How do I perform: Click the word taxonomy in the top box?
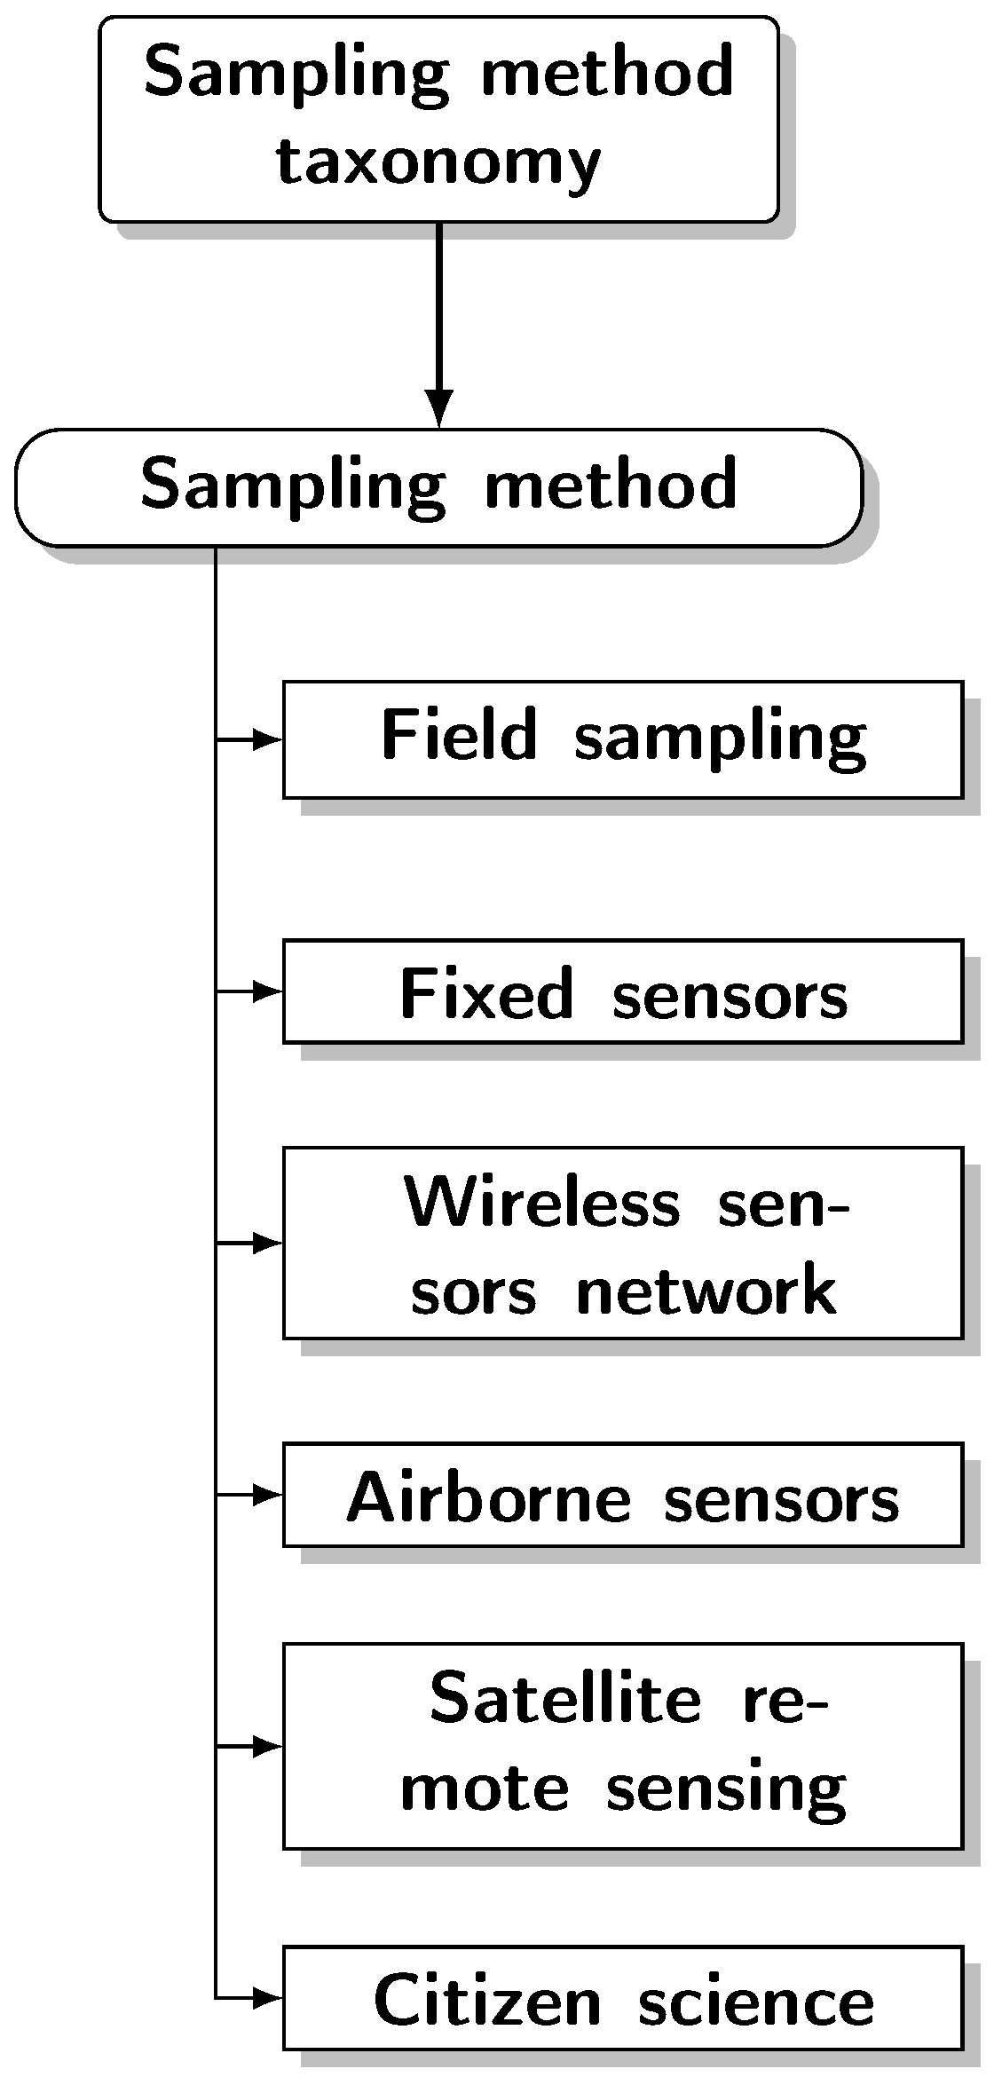[438, 164]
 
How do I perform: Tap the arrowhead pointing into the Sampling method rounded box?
[438, 408]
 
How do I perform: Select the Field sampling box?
[623, 739]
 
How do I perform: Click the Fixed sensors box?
[623, 991]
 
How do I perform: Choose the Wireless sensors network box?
[623, 1243]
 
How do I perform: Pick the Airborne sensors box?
[623, 1496]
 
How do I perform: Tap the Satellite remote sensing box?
[623, 1746]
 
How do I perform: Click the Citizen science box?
[623, 1998]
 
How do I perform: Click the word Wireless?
[542, 1203]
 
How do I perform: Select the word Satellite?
[564, 1699]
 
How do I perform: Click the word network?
[706, 1291]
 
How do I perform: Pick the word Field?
[459, 736]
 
